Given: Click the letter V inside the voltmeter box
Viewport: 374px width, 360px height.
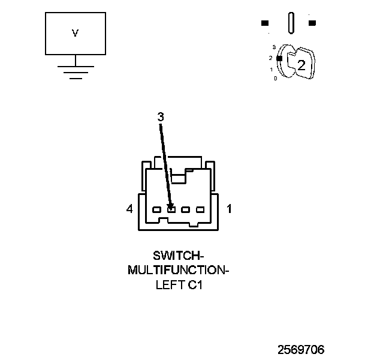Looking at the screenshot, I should (x=75, y=34).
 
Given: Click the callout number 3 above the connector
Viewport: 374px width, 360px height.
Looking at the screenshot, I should (x=161, y=118).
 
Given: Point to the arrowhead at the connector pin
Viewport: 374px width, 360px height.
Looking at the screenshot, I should (x=171, y=208).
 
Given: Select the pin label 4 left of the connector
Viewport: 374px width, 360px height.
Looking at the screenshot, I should (x=129, y=209).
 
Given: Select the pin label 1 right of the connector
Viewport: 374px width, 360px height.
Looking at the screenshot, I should (x=229, y=209).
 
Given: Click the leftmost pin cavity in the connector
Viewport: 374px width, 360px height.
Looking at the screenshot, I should (x=157, y=210).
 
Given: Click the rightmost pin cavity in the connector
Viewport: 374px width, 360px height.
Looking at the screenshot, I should (x=200, y=210).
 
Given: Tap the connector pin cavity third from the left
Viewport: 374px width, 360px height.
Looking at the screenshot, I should (x=186, y=210).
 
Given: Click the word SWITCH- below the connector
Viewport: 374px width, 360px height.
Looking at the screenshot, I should (x=179, y=256).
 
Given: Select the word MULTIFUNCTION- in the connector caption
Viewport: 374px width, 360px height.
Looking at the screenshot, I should (x=179, y=271).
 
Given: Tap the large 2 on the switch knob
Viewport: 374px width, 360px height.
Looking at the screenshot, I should (x=301, y=65).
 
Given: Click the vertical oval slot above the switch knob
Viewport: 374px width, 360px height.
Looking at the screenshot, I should (x=291, y=23).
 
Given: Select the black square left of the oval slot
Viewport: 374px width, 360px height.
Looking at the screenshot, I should (x=265, y=23).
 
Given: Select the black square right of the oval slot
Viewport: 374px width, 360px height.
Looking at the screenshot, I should (x=312, y=23).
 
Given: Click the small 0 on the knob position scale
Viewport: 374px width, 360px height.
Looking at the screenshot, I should (x=275, y=79).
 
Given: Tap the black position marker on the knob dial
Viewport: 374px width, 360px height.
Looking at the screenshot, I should (x=279, y=58).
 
